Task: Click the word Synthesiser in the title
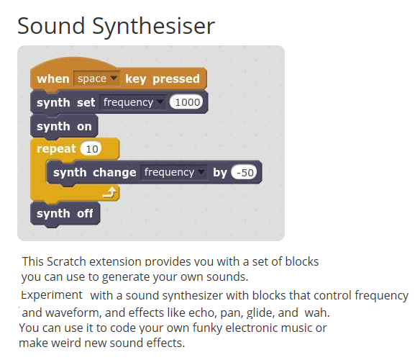[x=153, y=27]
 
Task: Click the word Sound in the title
[x=51, y=26]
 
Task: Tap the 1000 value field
[x=186, y=102]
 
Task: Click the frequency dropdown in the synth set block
[x=133, y=102]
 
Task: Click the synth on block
[x=64, y=126]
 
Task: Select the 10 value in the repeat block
[x=91, y=149]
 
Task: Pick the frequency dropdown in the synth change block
[x=173, y=172]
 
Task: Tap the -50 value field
[x=244, y=172]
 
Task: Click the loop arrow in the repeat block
[x=110, y=192]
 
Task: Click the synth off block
[x=65, y=214]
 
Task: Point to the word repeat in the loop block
[x=56, y=149]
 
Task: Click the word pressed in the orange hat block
[x=176, y=79]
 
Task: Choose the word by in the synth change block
[x=220, y=173]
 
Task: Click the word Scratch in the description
[x=66, y=261]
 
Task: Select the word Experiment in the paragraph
[x=52, y=295]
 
